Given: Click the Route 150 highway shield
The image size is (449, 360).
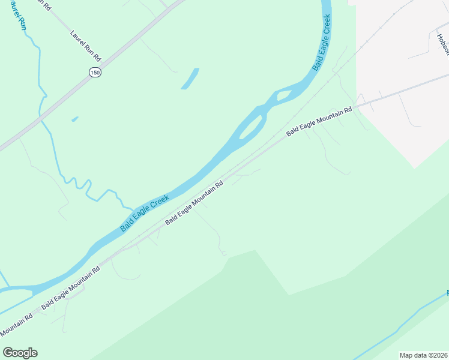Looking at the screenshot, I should (x=95, y=73).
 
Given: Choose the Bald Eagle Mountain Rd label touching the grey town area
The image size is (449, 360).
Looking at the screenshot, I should (x=319, y=122).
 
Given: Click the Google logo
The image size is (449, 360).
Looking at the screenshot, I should (x=20, y=353).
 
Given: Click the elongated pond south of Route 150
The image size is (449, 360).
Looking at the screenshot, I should (x=190, y=79).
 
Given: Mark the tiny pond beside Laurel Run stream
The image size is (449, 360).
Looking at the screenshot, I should (x=74, y=119).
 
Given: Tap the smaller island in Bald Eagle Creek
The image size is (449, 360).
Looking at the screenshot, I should (x=283, y=96).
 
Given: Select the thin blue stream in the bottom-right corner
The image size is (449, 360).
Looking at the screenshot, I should (x=396, y=327).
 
